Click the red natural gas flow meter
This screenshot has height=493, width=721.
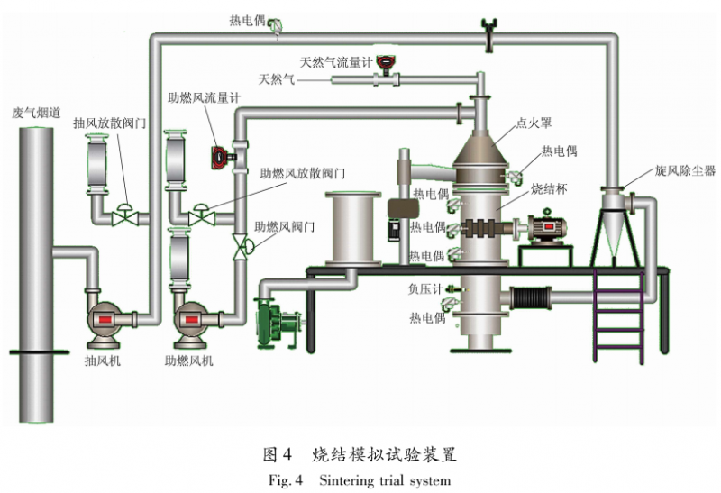tap(388, 62)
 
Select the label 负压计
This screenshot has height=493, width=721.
tap(424, 290)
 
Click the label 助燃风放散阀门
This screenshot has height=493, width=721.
tap(301, 172)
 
